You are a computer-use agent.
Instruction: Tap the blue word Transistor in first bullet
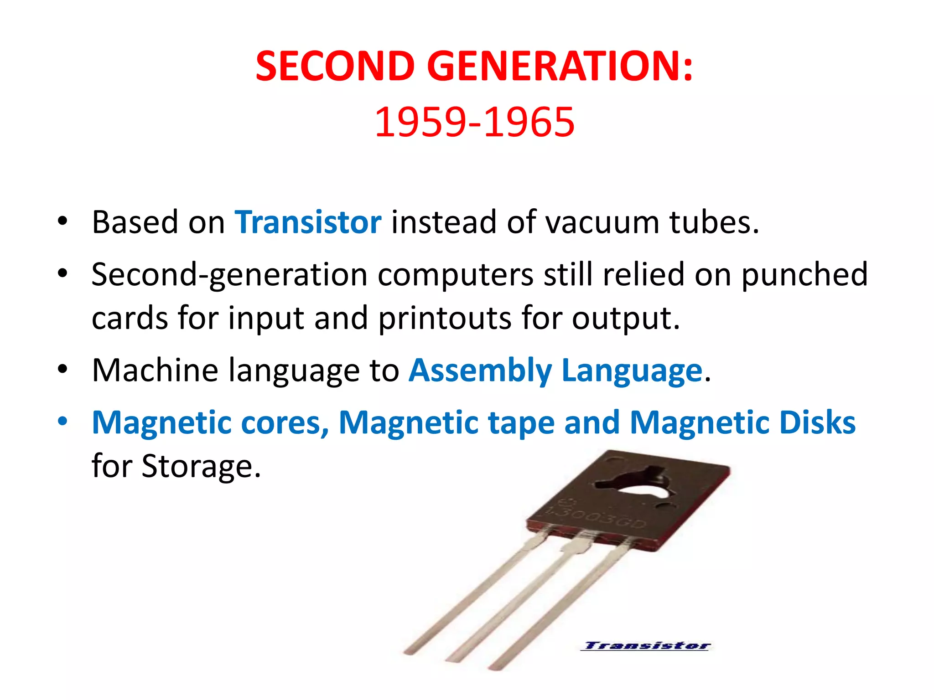(x=308, y=222)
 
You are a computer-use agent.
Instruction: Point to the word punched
(x=804, y=275)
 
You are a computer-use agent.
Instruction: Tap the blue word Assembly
(x=480, y=371)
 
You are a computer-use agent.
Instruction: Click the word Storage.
(x=201, y=466)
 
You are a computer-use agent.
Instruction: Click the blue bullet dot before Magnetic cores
(x=62, y=422)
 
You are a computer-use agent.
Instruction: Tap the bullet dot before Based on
(x=62, y=222)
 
